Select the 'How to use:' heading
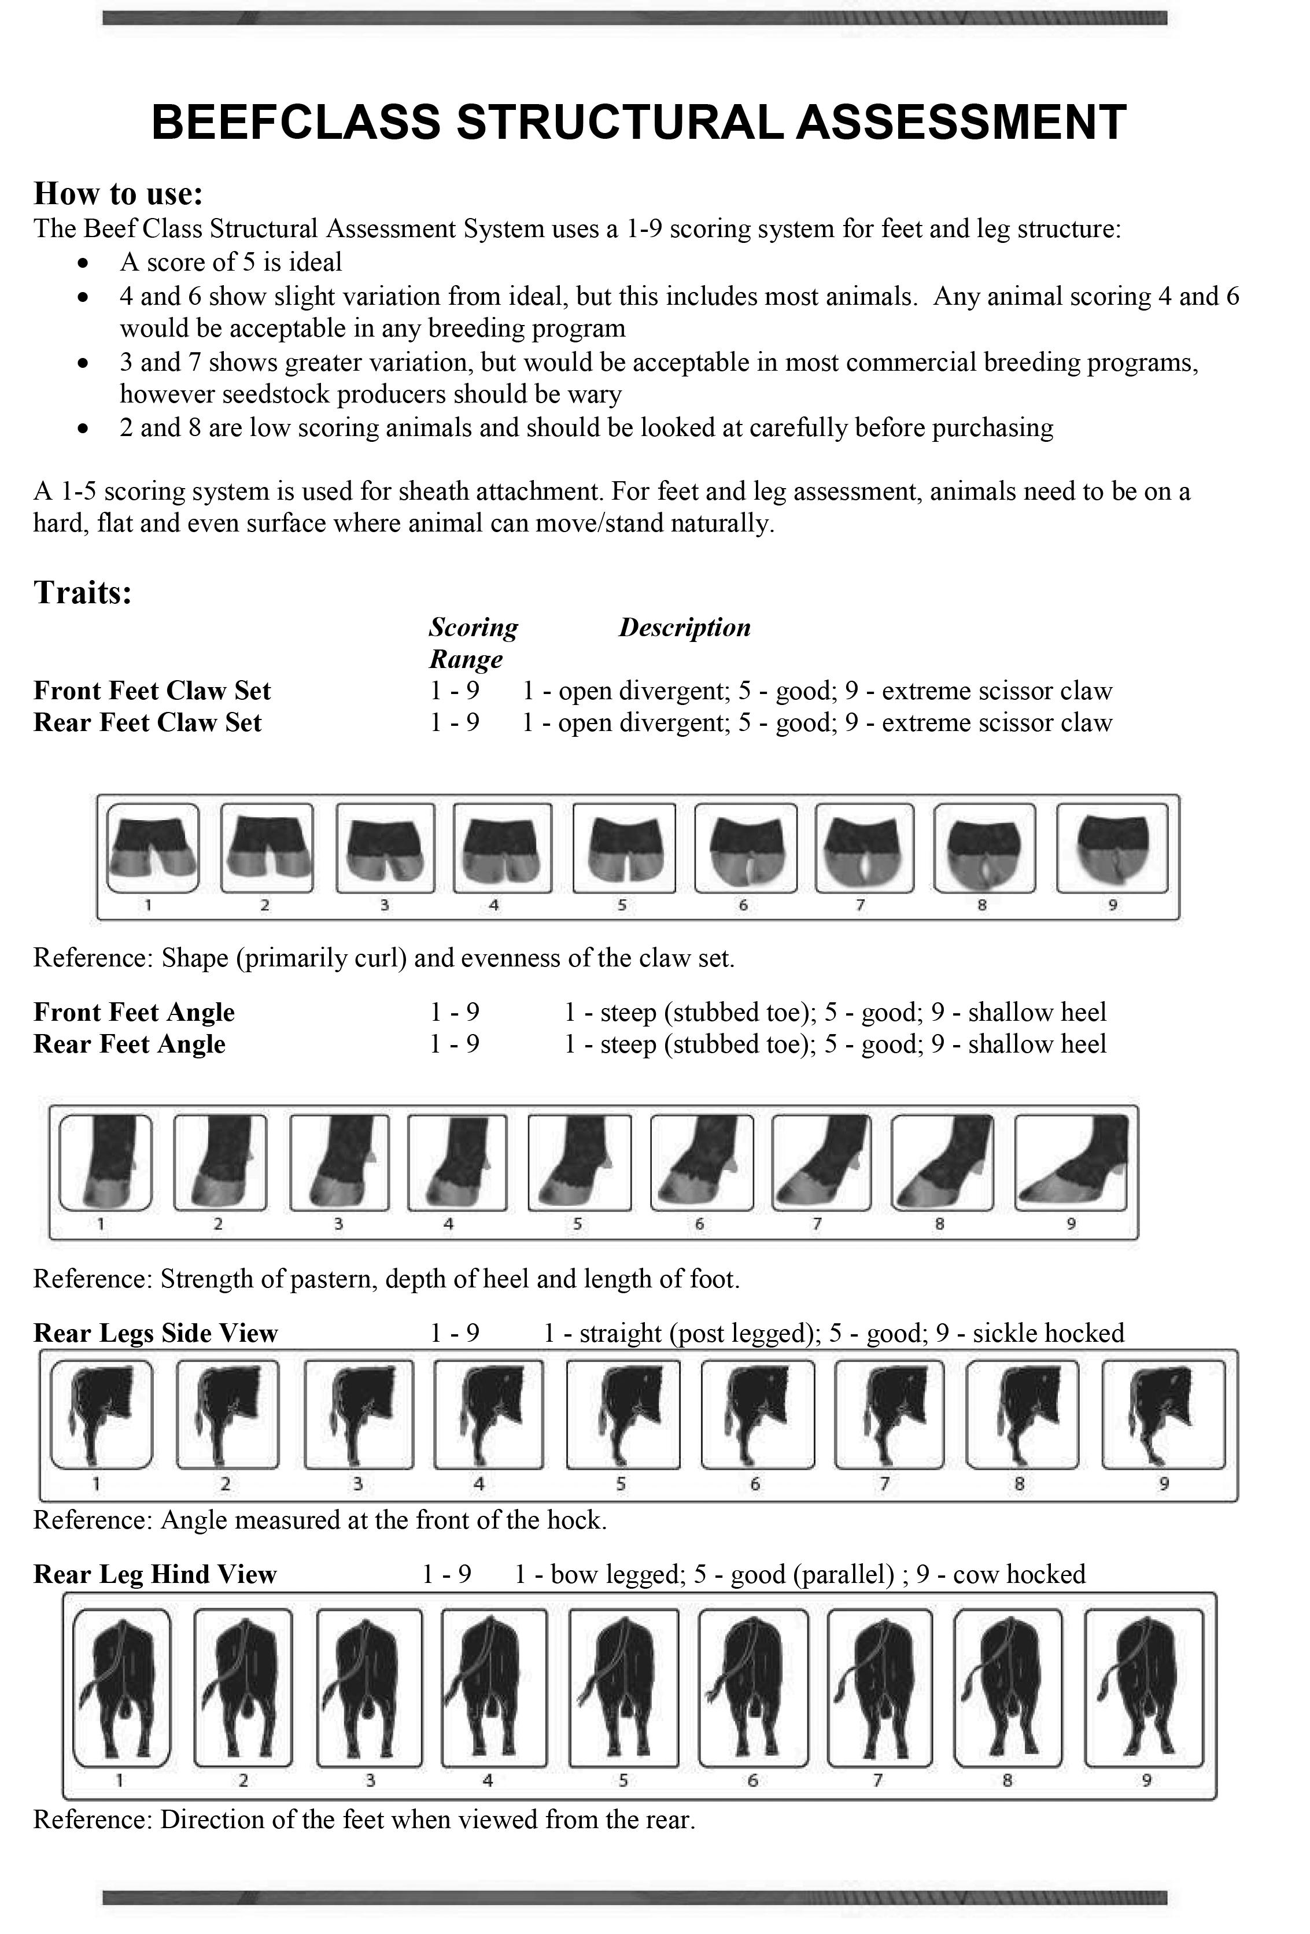tap(118, 193)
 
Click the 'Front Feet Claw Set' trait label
tap(152, 691)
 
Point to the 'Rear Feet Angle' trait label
tap(129, 1043)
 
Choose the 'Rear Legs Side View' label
tap(156, 1333)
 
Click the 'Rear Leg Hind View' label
tap(155, 1574)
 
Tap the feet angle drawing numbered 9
tap(1071, 1162)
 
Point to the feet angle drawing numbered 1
tap(106, 1162)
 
